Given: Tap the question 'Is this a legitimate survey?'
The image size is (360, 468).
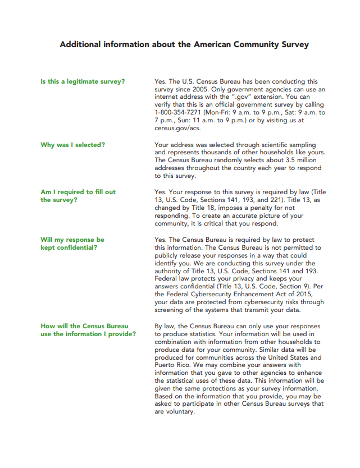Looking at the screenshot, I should coord(83,81).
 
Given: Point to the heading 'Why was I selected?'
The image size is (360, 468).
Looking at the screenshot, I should coord(72,145).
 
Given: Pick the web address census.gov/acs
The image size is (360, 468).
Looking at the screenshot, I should coord(177,128).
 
